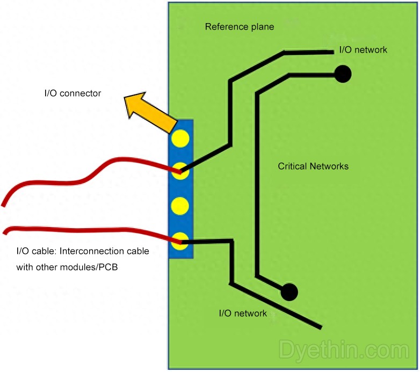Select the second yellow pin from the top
(x=180, y=170)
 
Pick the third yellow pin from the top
(x=180, y=206)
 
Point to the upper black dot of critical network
(x=343, y=74)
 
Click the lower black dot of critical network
(x=289, y=291)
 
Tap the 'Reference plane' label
(x=240, y=27)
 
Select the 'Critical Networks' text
(x=313, y=166)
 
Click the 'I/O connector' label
(x=73, y=93)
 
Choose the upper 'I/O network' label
(x=363, y=50)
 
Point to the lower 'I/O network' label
(x=243, y=313)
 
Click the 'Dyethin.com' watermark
(x=344, y=350)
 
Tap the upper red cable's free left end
(x=4, y=205)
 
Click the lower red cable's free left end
(x=4, y=232)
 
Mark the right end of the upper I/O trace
(x=332, y=52)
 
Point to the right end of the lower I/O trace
(x=321, y=327)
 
